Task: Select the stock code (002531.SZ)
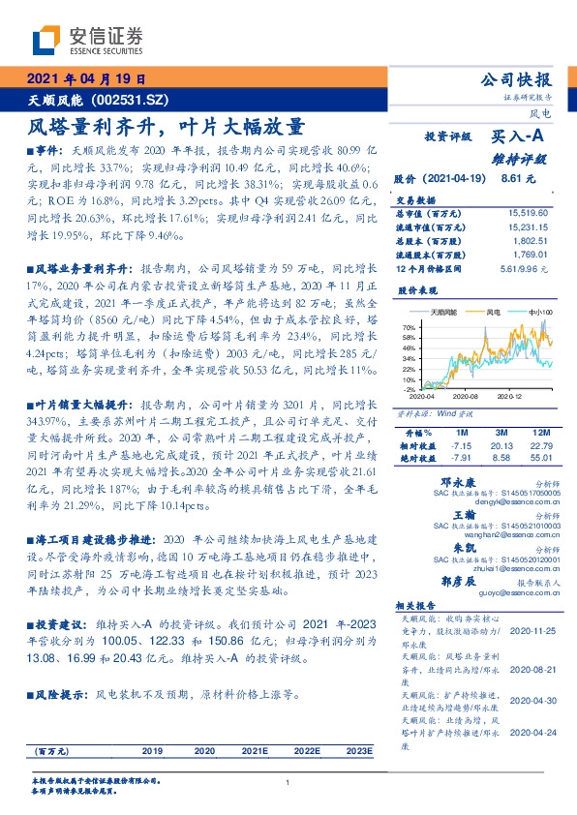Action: pos(131,100)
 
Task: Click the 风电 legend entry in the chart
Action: pos(493,313)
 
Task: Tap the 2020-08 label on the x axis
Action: pos(466,396)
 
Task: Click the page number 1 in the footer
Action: pos(288,783)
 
